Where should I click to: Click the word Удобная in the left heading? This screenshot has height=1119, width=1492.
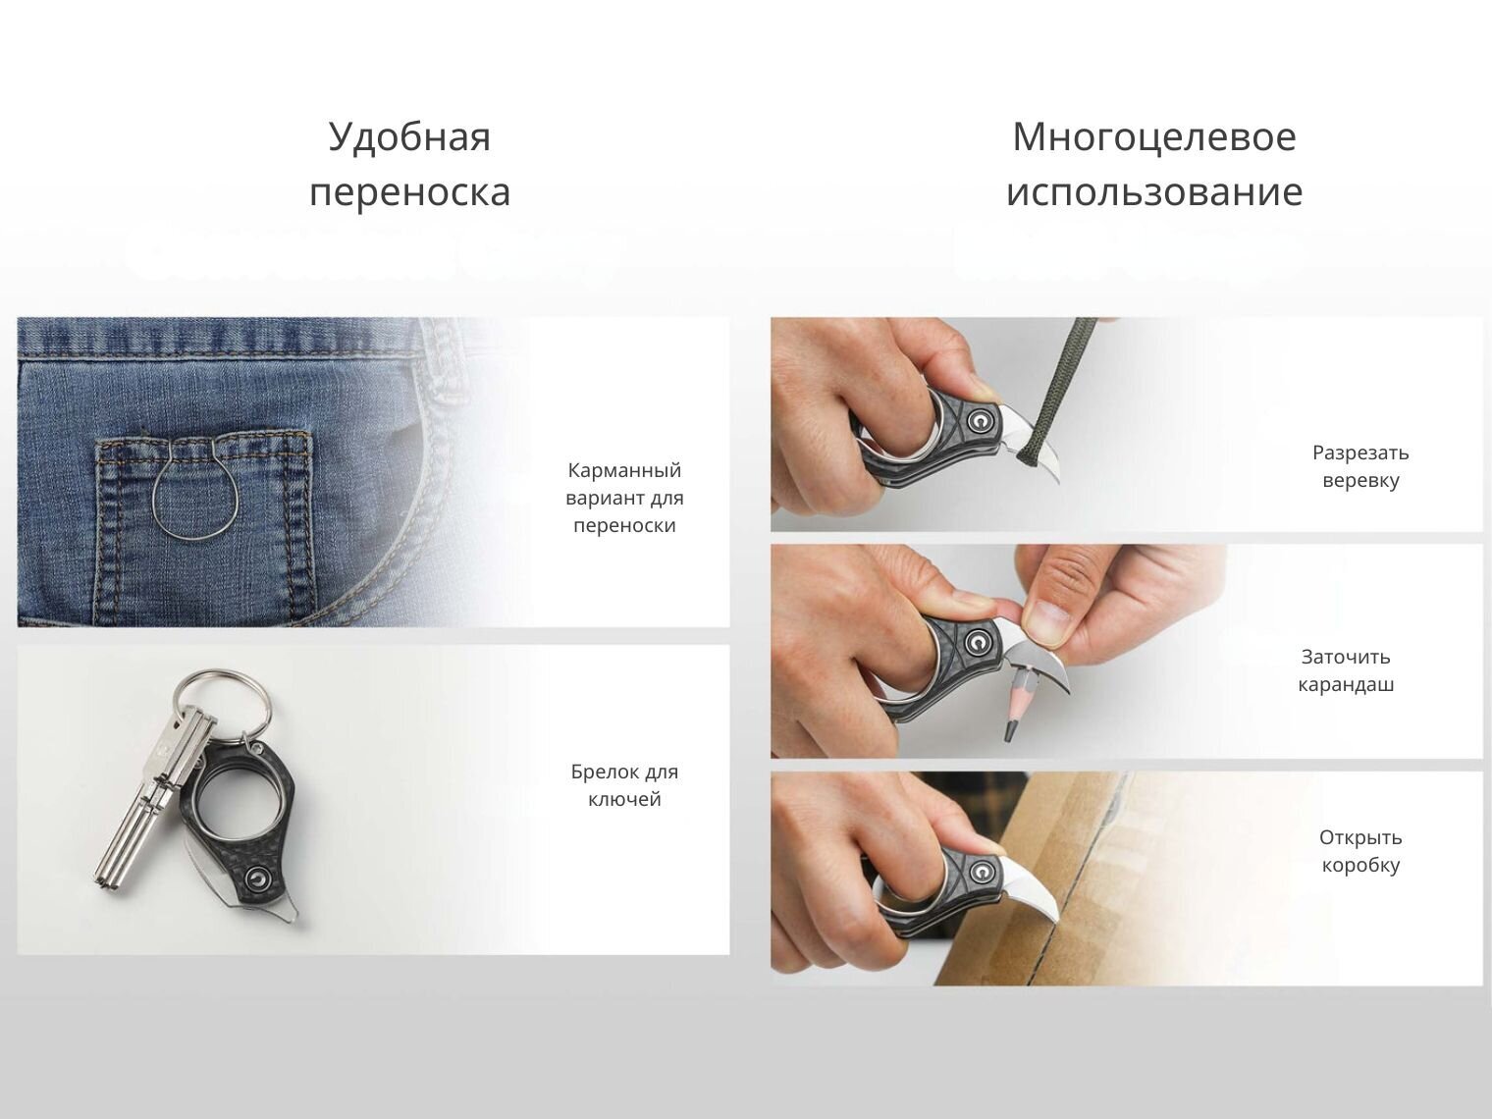point(409,138)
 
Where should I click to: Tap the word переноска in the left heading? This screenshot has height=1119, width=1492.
point(410,191)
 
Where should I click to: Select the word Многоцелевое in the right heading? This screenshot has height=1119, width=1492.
point(1154,136)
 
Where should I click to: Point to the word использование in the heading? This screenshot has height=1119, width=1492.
point(1154,191)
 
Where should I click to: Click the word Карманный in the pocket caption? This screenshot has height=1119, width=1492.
point(624,471)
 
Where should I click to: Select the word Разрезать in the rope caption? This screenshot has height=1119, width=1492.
point(1360,453)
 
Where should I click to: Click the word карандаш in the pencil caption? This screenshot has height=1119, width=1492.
point(1346,685)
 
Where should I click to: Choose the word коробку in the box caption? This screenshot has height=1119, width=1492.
point(1360,866)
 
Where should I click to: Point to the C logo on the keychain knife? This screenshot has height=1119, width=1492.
point(257,877)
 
